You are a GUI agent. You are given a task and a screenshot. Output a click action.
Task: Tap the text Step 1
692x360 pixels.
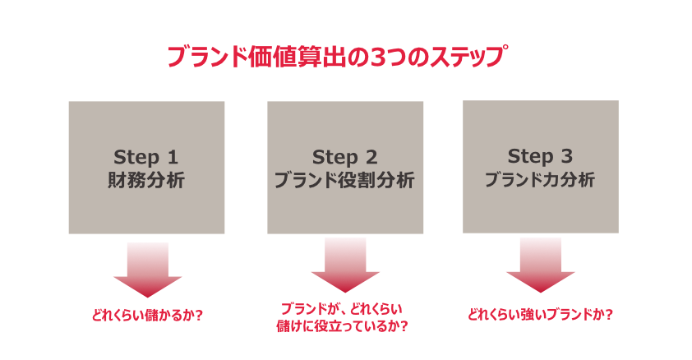[x=145, y=157]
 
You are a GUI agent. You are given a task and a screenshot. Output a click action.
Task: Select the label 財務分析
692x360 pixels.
[x=146, y=180]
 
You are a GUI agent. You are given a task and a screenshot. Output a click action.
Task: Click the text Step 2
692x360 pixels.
[x=345, y=157]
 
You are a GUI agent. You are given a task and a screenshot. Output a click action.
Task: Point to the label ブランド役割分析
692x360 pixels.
[x=345, y=180]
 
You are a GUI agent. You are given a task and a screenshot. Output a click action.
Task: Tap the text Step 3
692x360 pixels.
[x=540, y=156]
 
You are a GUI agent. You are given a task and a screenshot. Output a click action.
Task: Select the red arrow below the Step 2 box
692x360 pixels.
[x=345, y=265]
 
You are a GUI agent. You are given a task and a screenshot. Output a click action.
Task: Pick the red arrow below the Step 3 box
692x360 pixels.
[x=540, y=265]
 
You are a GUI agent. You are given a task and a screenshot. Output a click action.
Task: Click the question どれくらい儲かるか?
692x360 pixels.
[x=146, y=313]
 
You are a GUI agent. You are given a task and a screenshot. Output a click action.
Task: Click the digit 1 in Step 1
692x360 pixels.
[x=173, y=157]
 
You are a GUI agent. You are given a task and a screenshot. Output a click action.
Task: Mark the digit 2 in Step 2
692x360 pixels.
[x=372, y=157]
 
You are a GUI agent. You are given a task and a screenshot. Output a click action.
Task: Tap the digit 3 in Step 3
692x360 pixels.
[x=567, y=156]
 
